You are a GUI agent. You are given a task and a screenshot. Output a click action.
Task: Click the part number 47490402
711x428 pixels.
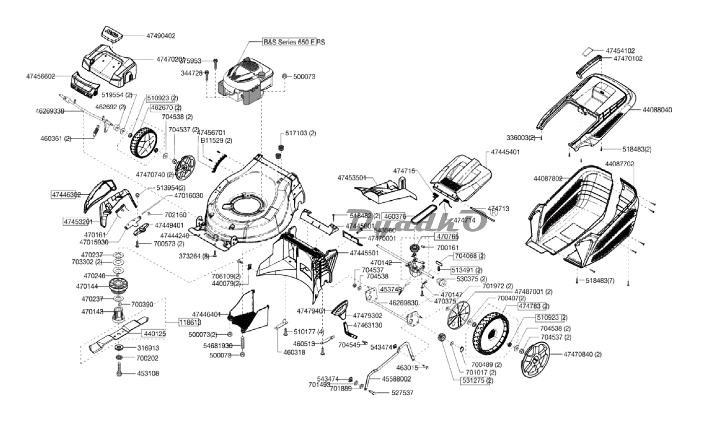click(160, 36)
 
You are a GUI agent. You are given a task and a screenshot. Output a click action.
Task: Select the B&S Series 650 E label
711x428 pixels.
click(289, 42)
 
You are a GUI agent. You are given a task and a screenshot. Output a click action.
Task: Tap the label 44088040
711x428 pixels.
click(657, 110)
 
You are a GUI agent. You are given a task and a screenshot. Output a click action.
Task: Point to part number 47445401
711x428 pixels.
click(505, 153)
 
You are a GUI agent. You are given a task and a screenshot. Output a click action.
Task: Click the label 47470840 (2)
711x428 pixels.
click(582, 354)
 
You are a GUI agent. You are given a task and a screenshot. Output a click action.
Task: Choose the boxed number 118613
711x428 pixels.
click(189, 322)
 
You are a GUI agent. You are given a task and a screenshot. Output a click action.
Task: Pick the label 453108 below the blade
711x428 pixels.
click(148, 373)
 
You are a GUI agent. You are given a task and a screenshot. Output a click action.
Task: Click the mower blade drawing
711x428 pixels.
click(117, 335)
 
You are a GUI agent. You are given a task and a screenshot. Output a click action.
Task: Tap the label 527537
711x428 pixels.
click(402, 393)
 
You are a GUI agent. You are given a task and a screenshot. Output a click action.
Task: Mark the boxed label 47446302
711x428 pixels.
click(66, 195)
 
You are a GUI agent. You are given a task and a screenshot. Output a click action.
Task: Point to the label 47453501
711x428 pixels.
click(351, 178)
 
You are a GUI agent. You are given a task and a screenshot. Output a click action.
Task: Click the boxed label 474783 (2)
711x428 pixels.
click(533, 306)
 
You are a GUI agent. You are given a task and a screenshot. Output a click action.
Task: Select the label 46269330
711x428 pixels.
click(50, 111)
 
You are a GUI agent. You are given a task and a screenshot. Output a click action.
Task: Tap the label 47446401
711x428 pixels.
click(206, 314)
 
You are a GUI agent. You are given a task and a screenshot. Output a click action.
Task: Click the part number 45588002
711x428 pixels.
click(396, 379)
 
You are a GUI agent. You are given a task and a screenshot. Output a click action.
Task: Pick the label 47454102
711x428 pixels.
click(621, 51)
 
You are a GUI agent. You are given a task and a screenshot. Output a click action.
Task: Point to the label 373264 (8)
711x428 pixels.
click(194, 256)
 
